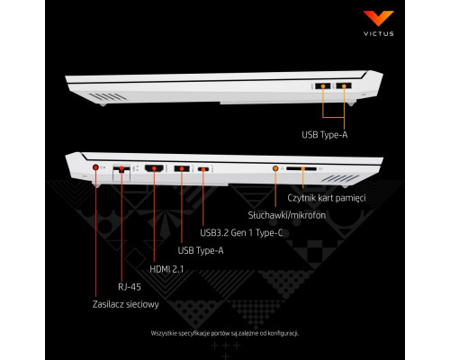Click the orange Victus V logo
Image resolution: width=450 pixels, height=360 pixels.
pos(378,18)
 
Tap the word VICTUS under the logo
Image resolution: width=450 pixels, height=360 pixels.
pos(379,33)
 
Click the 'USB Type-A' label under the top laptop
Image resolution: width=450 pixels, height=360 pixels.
pos(325,135)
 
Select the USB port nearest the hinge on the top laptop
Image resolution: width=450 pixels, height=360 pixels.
pos(344,86)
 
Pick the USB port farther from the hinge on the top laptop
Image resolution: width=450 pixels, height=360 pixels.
pos(323,86)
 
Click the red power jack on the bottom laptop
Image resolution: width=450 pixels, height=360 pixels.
pos(95,167)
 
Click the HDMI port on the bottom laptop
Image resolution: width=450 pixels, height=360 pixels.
pos(154,168)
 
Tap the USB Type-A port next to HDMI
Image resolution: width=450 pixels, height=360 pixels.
pos(182,168)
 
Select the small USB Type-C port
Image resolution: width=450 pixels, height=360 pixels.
pos(203,169)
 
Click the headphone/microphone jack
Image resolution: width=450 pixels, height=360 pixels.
pos(275,168)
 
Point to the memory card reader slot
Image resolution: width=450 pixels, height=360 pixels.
pos(301,169)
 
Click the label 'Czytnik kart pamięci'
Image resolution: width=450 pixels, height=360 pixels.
pos(327,198)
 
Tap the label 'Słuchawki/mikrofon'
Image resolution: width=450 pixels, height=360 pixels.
pos(287,215)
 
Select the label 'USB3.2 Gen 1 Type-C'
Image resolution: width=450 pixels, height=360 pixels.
pos(241,233)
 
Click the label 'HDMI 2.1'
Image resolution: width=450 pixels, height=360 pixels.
pos(166,269)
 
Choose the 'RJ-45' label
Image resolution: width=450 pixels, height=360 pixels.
pos(130,287)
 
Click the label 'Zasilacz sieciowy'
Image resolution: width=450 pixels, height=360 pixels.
pos(126,304)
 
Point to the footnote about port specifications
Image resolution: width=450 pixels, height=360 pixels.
pos(225,333)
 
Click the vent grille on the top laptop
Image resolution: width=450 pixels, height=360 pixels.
pos(108,96)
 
